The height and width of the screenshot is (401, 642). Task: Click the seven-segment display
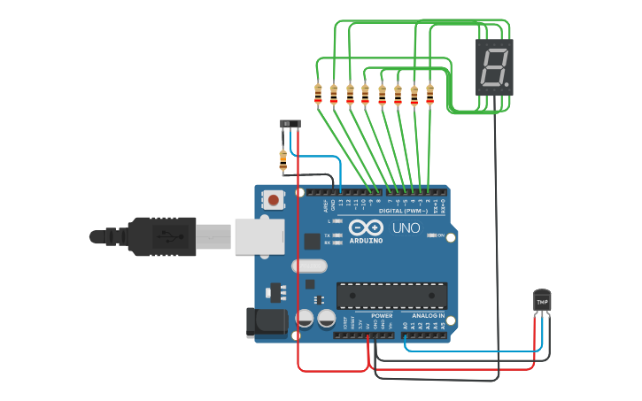(x=494, y=67)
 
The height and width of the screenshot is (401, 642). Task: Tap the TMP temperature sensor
(x=542, y=302)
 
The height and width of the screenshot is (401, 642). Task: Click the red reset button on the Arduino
(x=275, y=201)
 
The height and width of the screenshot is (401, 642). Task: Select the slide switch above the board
(x=290, y=123)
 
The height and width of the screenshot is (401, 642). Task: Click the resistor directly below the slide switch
(x=283, y=160)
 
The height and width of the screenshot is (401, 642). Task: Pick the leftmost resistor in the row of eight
(x=318, y=93)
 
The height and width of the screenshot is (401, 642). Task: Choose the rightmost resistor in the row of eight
(x=429, y=93)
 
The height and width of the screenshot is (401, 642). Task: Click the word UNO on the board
(x=406, y=227)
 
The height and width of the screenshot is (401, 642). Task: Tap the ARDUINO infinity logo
(x=366, y=228)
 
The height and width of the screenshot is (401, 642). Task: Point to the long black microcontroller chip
(x=391, y=296)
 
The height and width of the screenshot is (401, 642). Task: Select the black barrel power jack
(x=266, y=321)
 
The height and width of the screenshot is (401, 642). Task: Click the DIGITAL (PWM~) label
(x=403, y=212)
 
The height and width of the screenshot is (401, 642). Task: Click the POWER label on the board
(x=382, y=315)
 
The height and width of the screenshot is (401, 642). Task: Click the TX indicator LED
(x=337, y=235)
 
